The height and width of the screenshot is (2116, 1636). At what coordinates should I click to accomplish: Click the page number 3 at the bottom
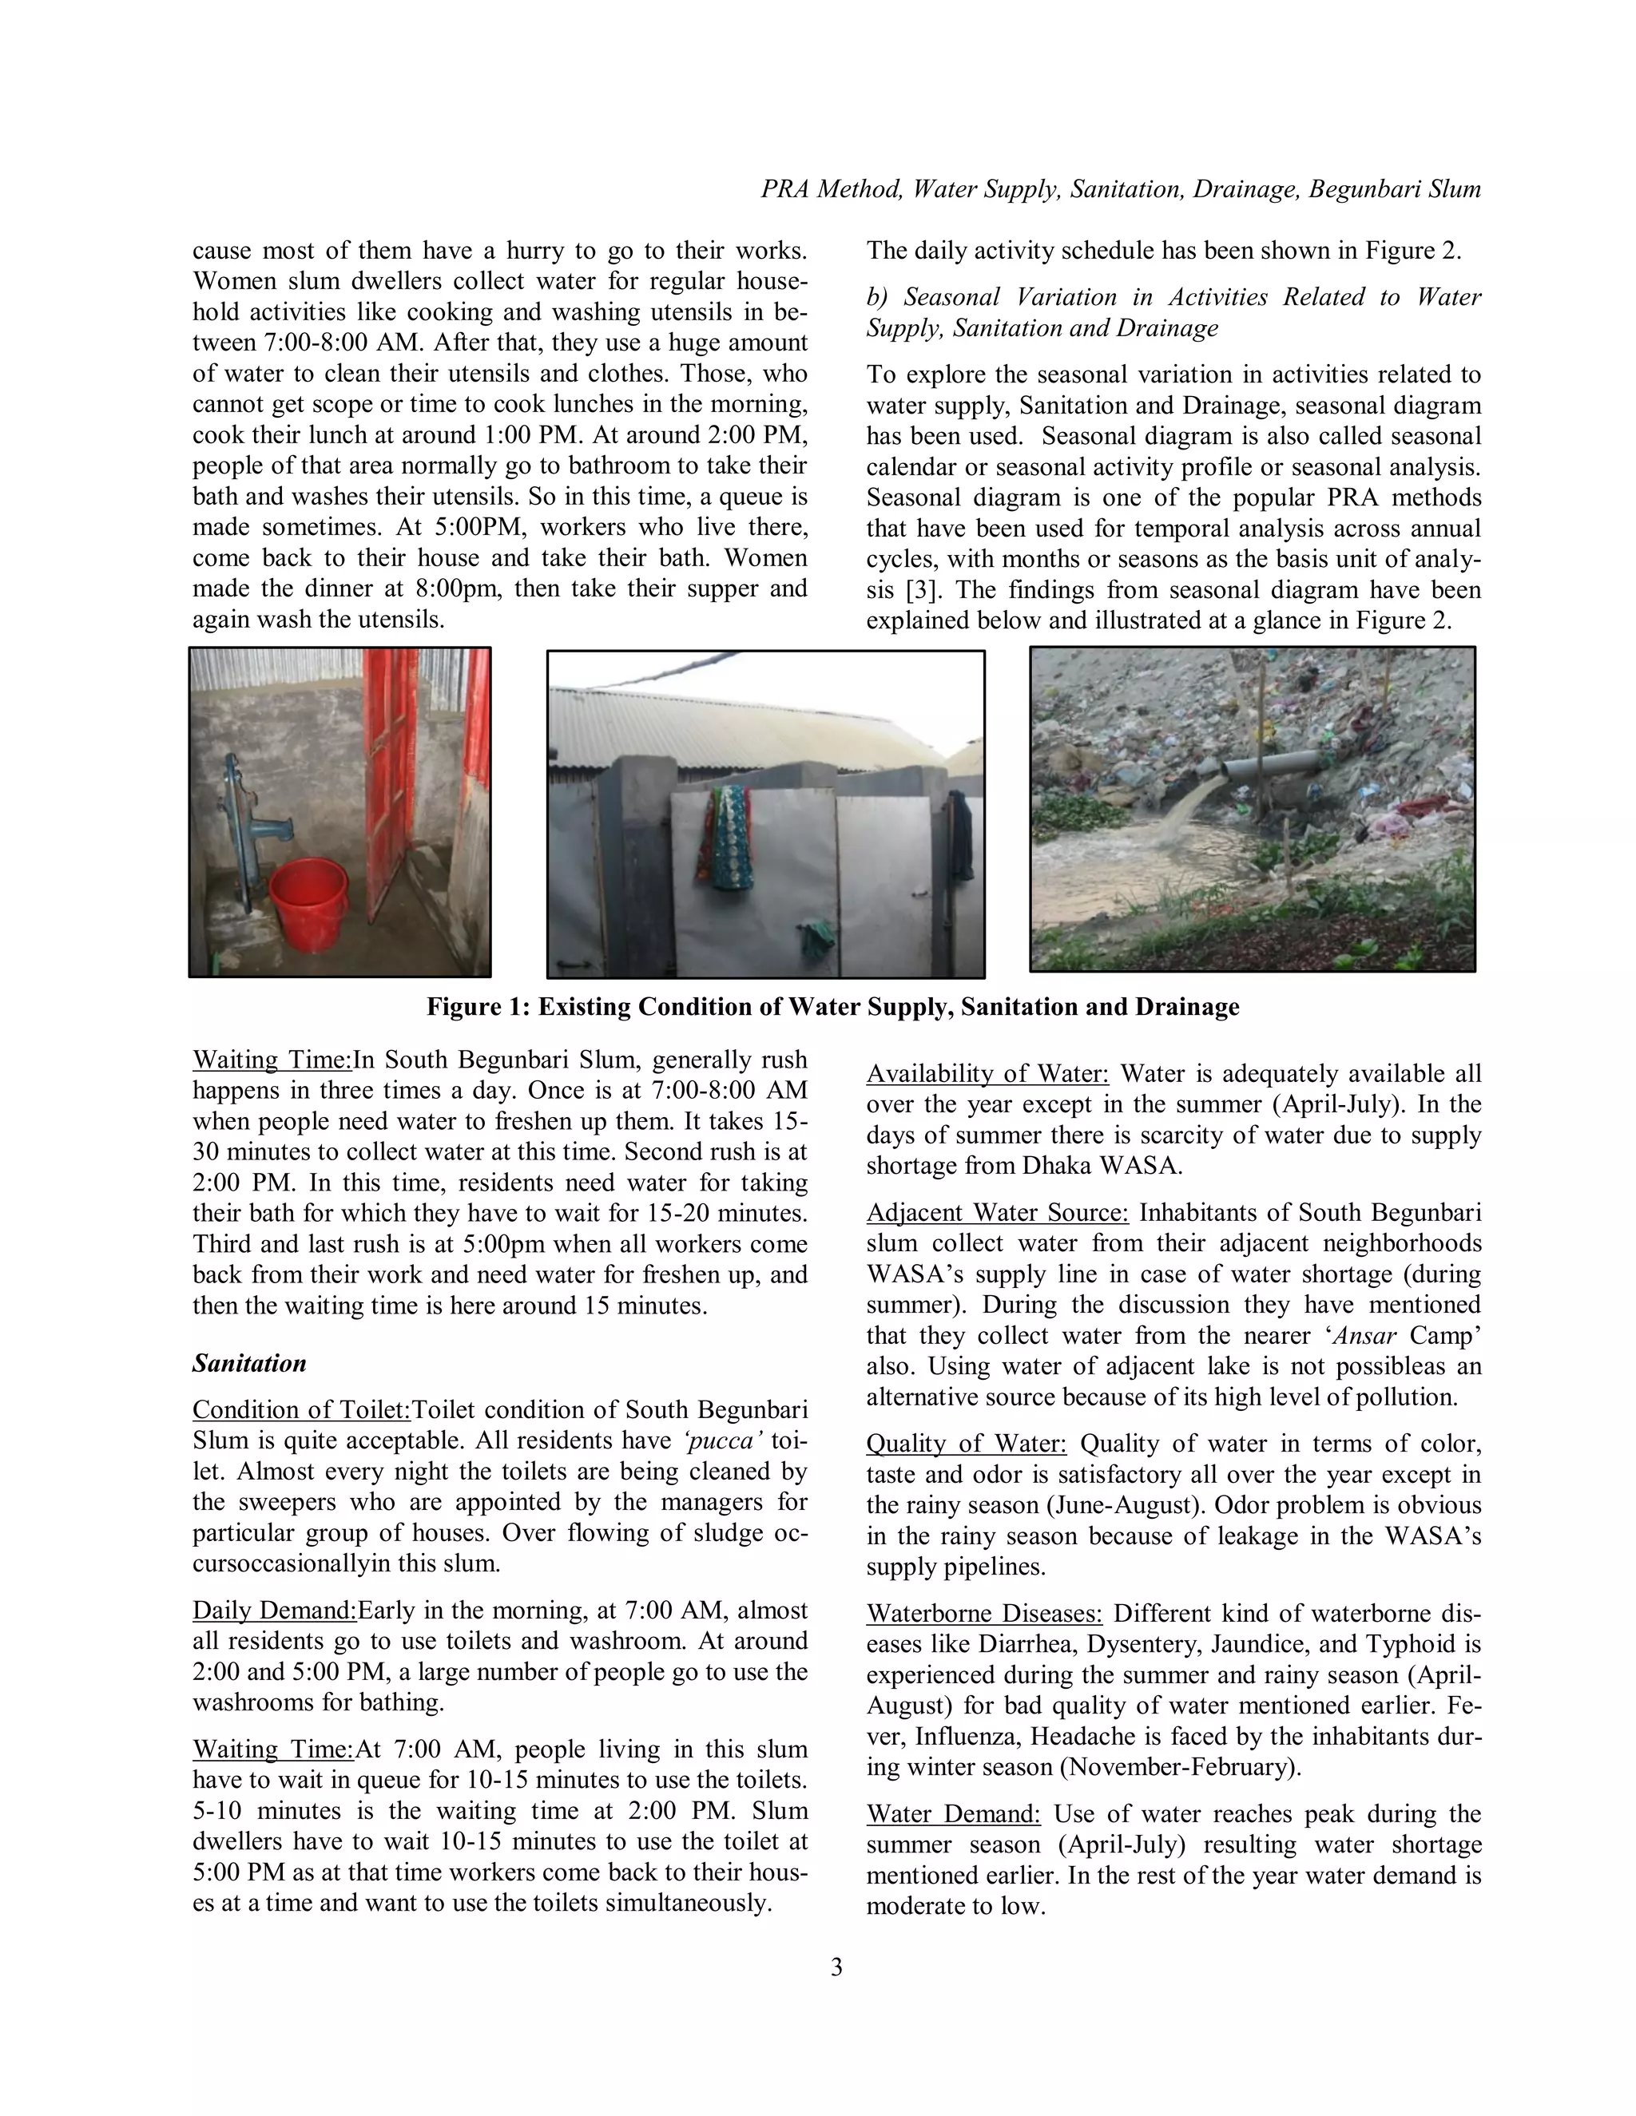pyautogui.click(x=836, y=1967)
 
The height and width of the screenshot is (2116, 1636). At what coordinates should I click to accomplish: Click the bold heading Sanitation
pyautogui.click(x=249, y=1363)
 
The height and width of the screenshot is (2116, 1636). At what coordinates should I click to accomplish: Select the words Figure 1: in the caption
pyautogui.click(x=478, y=1007)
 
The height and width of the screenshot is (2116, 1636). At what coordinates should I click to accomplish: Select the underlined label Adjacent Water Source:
pyautogui.click(x=997, y=1213)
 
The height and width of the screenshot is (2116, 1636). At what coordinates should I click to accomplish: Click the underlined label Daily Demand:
pyautogui.click(x=274, y=1611)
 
